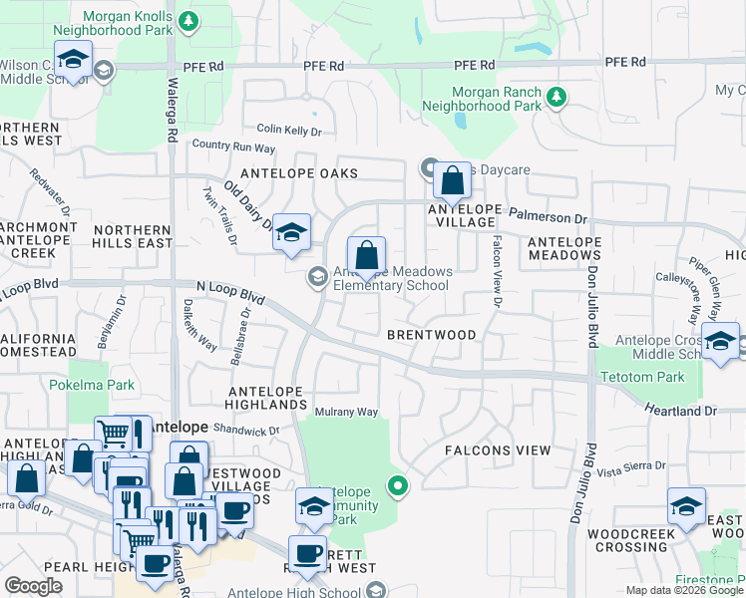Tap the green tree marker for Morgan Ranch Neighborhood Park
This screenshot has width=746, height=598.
coord(556,97)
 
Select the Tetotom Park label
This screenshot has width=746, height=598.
coord(643,378)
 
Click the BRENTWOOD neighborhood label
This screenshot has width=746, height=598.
coord(432,335)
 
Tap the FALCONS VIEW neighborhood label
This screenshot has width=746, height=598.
coord(497,450)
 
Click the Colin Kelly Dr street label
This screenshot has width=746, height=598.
coord(289,131)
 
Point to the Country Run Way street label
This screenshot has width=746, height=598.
coord(233,147)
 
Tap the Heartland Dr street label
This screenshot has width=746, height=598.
coord(681,410)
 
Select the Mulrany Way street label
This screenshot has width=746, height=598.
coord(346,412)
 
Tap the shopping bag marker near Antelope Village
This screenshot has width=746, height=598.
coord(452,180)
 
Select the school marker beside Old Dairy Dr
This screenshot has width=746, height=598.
coord(290,232)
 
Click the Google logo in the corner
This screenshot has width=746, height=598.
coord(34,586)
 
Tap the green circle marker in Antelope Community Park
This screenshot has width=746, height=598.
coord(398,486)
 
